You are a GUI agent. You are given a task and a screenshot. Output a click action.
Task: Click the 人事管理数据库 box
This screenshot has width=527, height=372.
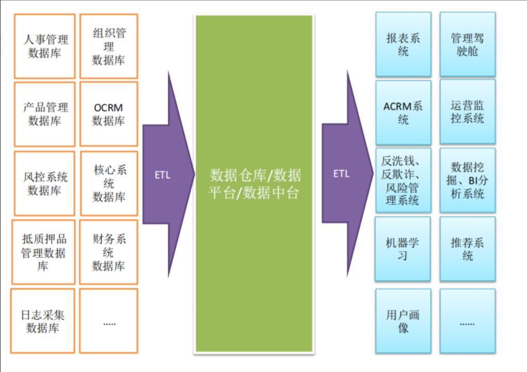click(x=45, y=46)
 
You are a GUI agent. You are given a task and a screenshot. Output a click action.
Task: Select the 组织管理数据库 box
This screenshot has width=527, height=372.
click(x=109, y=46)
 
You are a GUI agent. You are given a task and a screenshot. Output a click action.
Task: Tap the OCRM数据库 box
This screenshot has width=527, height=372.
click(x=109, y=114)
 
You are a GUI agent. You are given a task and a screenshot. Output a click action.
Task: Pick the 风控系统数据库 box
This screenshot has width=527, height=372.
click(x=45, y=183)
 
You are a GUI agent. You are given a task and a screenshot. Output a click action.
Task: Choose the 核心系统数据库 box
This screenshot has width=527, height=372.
click(x=109, y=183)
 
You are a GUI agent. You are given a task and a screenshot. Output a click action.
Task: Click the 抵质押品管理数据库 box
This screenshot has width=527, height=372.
click(x=44, y=252)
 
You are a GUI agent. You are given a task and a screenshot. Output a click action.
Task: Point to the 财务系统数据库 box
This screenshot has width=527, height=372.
click(x=109, y=252)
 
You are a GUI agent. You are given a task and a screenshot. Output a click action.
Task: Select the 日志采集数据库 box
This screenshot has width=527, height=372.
click(x=43, y=321)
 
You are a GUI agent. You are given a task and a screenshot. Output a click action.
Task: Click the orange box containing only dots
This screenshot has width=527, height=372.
click(x=109, y=321)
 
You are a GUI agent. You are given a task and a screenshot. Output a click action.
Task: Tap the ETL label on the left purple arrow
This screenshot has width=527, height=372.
click(x=162, y=175)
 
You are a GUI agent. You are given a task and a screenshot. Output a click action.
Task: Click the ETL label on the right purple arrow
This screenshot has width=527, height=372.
click(x=341, y=174)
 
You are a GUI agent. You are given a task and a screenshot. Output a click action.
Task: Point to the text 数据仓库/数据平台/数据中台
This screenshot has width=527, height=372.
click(x=254, y=184)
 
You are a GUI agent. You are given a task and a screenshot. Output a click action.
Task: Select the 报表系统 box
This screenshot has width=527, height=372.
click(x=403, y=44)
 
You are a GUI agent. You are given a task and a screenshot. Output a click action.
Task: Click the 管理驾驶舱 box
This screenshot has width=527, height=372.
click(x=467, y=44)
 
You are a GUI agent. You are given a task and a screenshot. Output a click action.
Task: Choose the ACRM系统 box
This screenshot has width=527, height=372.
click(x=403, y=112)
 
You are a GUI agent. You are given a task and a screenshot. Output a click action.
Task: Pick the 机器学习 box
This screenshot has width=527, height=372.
click(x=403, y=249)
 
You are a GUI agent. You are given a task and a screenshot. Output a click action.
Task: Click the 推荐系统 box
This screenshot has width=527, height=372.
click(x=467, y=249)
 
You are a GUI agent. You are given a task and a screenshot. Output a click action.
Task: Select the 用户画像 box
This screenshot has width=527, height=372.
click(x=403, y=321)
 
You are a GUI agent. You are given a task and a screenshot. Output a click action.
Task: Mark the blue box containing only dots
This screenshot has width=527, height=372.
click(x=467, y=321)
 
